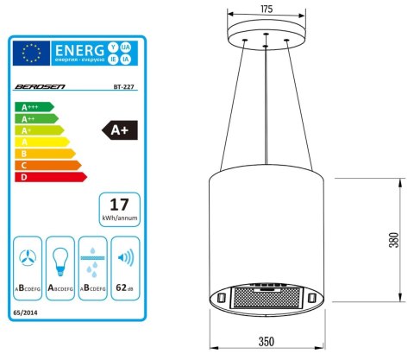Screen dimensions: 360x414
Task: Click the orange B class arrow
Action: point(43,154)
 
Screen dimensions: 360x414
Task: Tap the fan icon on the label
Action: point(29,257)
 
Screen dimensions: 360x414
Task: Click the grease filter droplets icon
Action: point(92,257)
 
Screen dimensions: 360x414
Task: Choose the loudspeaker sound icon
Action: point(126,257)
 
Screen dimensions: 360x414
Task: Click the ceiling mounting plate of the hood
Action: point(266,36)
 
